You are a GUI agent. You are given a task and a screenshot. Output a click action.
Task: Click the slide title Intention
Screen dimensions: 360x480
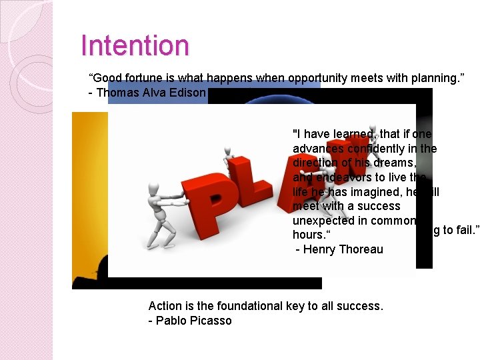[x=135, y=46]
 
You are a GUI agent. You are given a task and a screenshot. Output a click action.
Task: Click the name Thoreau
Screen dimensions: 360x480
[x=361, y=249]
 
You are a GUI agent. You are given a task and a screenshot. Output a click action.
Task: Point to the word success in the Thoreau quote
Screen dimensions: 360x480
[x=379, y=206]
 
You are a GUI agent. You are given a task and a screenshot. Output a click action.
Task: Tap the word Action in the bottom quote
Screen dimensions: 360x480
[x=165, y=306]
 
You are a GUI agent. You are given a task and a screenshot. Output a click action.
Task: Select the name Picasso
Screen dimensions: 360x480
[x=210, y=321]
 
